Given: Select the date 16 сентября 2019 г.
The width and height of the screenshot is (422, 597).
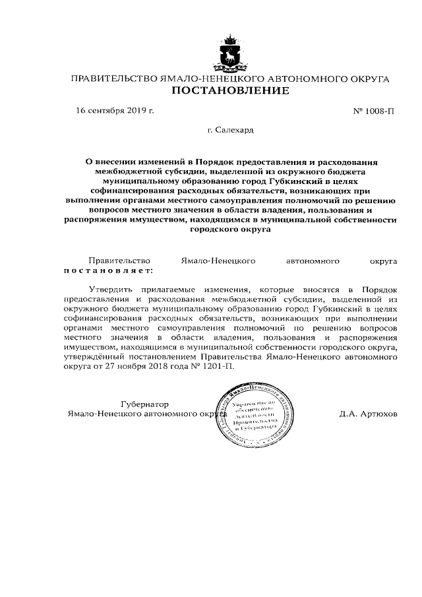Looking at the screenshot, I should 115,110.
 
